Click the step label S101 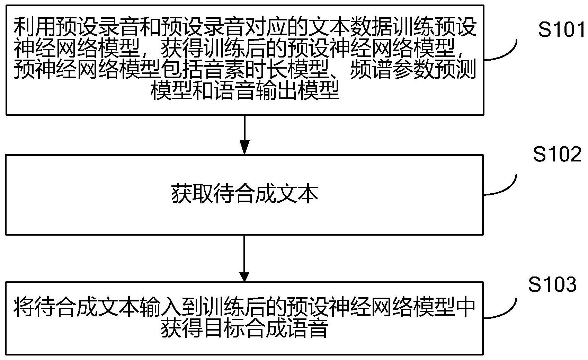pos(562,29)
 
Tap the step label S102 pos(557,154)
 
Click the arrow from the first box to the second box pos(244,135)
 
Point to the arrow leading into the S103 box pos(244,258)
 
